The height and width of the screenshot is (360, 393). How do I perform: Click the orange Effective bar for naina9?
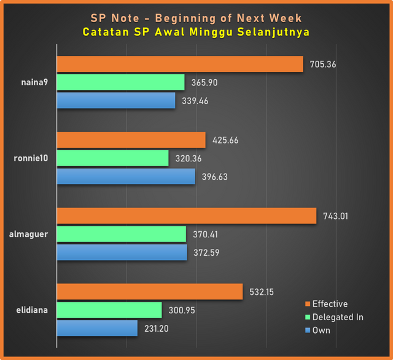[180, 64]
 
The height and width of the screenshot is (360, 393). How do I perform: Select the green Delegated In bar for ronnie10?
[113, 158]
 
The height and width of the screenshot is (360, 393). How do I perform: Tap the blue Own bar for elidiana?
[97, 328]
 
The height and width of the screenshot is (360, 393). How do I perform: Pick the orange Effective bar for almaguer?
[187, 216]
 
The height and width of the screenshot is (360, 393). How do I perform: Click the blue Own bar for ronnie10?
[126, 177]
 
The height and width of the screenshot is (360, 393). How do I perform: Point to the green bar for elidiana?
[109, 310]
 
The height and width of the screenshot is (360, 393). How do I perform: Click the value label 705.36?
[323, 64]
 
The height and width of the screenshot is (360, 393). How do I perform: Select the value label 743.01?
[336, 216]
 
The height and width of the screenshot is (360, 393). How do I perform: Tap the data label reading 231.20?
[157, 329]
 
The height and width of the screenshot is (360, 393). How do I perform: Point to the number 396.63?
[215, 177]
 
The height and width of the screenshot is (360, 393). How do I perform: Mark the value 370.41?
[205, 234]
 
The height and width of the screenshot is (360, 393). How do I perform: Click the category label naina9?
[34, 82]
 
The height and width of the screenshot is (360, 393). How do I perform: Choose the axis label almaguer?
[29, 234]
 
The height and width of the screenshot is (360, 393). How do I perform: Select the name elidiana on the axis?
[32, 310]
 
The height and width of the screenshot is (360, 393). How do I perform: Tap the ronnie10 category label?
[31, 158]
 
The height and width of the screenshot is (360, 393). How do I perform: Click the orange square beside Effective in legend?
[308, 304]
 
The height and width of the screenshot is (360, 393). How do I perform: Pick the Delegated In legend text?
[338, 317]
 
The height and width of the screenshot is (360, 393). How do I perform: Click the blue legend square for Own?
[308, 330]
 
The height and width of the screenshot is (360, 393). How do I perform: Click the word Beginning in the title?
[185, 18]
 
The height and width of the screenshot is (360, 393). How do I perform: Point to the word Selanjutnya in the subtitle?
[273, 32]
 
